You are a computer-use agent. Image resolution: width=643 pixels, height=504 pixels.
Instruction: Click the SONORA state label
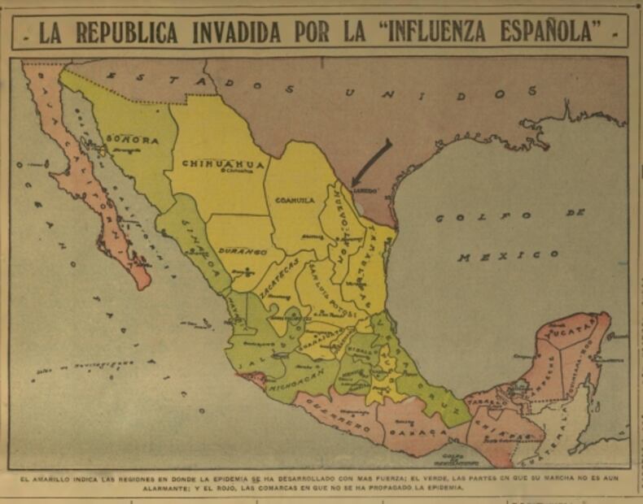[x=132, y=140]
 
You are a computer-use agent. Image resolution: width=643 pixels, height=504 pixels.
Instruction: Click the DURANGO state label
[x=240, y=252]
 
